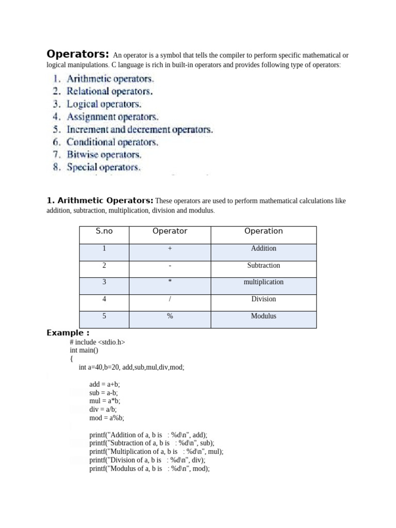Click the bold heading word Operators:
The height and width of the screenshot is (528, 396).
click(78, 54)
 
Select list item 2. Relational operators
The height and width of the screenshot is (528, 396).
click(103, 91)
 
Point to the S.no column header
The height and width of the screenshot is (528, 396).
click(104, 232)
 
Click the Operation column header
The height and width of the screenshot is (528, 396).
click(263, 232)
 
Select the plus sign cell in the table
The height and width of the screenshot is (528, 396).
click(170, 249)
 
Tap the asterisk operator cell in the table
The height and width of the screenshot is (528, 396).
click(170, 282)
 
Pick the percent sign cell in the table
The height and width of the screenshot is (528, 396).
click(170, 316)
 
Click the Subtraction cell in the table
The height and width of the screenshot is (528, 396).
click(263, 266)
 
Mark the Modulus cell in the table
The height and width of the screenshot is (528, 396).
click(263, 316)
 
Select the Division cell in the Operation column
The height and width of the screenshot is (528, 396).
click(263, 299)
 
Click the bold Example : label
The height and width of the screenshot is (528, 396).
click(68, 333)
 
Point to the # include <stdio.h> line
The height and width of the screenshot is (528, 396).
click(97, 342)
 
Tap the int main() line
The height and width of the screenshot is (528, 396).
click(84, 350)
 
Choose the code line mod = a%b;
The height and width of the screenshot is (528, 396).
click(107, 418)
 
